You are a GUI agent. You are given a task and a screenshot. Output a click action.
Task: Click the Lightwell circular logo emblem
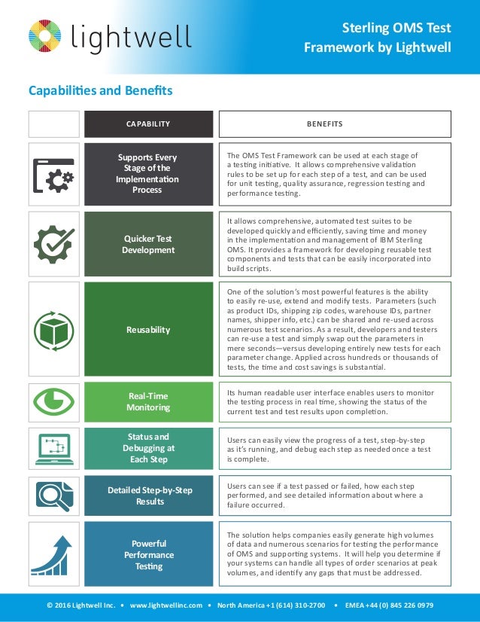click(47, 37)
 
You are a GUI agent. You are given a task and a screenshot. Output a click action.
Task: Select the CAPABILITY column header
click(147, 124)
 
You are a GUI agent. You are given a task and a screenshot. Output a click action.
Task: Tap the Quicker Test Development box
click(147, 244)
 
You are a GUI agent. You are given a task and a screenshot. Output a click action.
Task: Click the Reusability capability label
click(147, 330)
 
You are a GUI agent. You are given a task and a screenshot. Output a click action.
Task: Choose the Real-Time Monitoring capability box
click(147, 401)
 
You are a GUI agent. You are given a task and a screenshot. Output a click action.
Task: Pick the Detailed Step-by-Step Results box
click(147, 495)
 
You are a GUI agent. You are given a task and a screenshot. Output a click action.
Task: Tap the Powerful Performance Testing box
click(147, 554)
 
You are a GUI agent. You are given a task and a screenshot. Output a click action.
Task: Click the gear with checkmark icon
click(53, 245)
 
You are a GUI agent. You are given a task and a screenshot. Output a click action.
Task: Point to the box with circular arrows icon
click(53, 330)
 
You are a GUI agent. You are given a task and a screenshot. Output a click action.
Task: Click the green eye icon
click(53, 401)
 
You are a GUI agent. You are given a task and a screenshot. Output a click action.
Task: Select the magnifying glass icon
click(53, 496)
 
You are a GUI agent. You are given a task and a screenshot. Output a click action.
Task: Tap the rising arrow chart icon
click(53, 555)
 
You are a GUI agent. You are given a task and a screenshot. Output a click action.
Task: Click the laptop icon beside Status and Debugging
click(53, 449)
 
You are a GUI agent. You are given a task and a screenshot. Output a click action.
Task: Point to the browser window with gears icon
click(53, 175)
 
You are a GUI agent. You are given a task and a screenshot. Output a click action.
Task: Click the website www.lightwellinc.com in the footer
click(166, 605)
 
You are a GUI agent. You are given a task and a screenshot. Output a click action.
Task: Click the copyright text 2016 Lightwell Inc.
click(80, 605)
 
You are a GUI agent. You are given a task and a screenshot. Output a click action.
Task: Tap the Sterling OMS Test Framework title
click(377, 38)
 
